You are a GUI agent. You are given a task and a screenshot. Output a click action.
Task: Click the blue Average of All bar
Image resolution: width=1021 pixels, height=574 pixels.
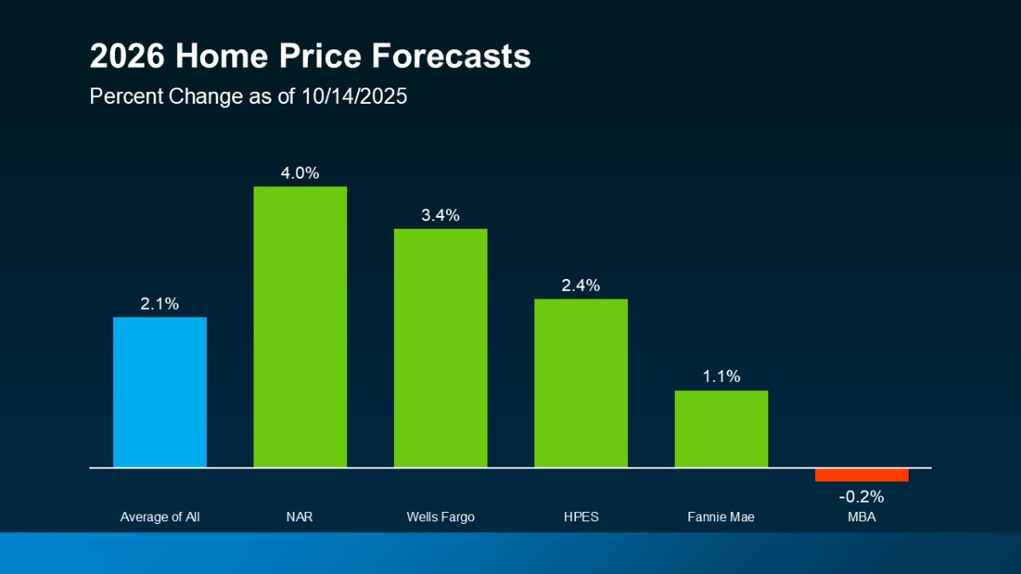coord(160,392)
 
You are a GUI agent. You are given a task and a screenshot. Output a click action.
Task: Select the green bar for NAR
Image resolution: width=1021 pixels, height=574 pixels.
coord(300,327)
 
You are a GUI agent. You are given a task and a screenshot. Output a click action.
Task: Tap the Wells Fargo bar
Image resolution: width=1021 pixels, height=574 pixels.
coord(441,348)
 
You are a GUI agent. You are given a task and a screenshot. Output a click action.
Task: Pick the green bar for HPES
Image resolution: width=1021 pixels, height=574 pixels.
coord(581,383)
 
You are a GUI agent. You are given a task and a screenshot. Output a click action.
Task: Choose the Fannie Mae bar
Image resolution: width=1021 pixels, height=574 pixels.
coord(722,429)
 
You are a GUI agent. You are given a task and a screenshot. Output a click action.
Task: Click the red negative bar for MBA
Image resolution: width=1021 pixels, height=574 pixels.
coord(861,475)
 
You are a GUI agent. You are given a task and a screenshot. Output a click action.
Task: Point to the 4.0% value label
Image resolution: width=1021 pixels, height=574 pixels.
coord(300,173)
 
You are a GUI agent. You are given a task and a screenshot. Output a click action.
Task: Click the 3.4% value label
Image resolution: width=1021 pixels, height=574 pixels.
coord(441,216)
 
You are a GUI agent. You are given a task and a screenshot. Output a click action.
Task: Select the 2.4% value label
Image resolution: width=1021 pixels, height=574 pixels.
coord(581,286)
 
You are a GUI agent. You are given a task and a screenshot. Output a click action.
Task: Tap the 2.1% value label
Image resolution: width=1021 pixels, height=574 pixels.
coord(160,304)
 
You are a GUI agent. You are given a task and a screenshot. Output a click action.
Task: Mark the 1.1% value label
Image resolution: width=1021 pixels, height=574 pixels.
coord(722,377)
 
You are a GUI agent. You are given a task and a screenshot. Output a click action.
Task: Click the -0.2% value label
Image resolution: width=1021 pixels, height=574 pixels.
coord(861,497)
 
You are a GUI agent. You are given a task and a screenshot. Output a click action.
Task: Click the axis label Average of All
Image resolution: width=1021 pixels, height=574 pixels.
coord(160,516)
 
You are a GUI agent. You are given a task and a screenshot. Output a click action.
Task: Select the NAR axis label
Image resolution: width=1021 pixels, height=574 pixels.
coord(300,516)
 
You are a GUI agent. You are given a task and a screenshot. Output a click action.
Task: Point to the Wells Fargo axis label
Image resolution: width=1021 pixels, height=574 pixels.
coord(441,516)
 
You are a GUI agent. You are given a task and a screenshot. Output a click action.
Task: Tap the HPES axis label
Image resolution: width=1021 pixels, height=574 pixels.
coord(581,516)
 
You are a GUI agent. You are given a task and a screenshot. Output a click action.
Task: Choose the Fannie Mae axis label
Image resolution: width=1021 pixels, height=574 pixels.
coord(722,516)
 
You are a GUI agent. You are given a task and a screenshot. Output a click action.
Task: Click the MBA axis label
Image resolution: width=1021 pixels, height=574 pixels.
coord(861,516)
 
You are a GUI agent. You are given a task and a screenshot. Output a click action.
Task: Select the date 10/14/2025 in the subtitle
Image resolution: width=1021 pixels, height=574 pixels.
coord(354,97)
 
